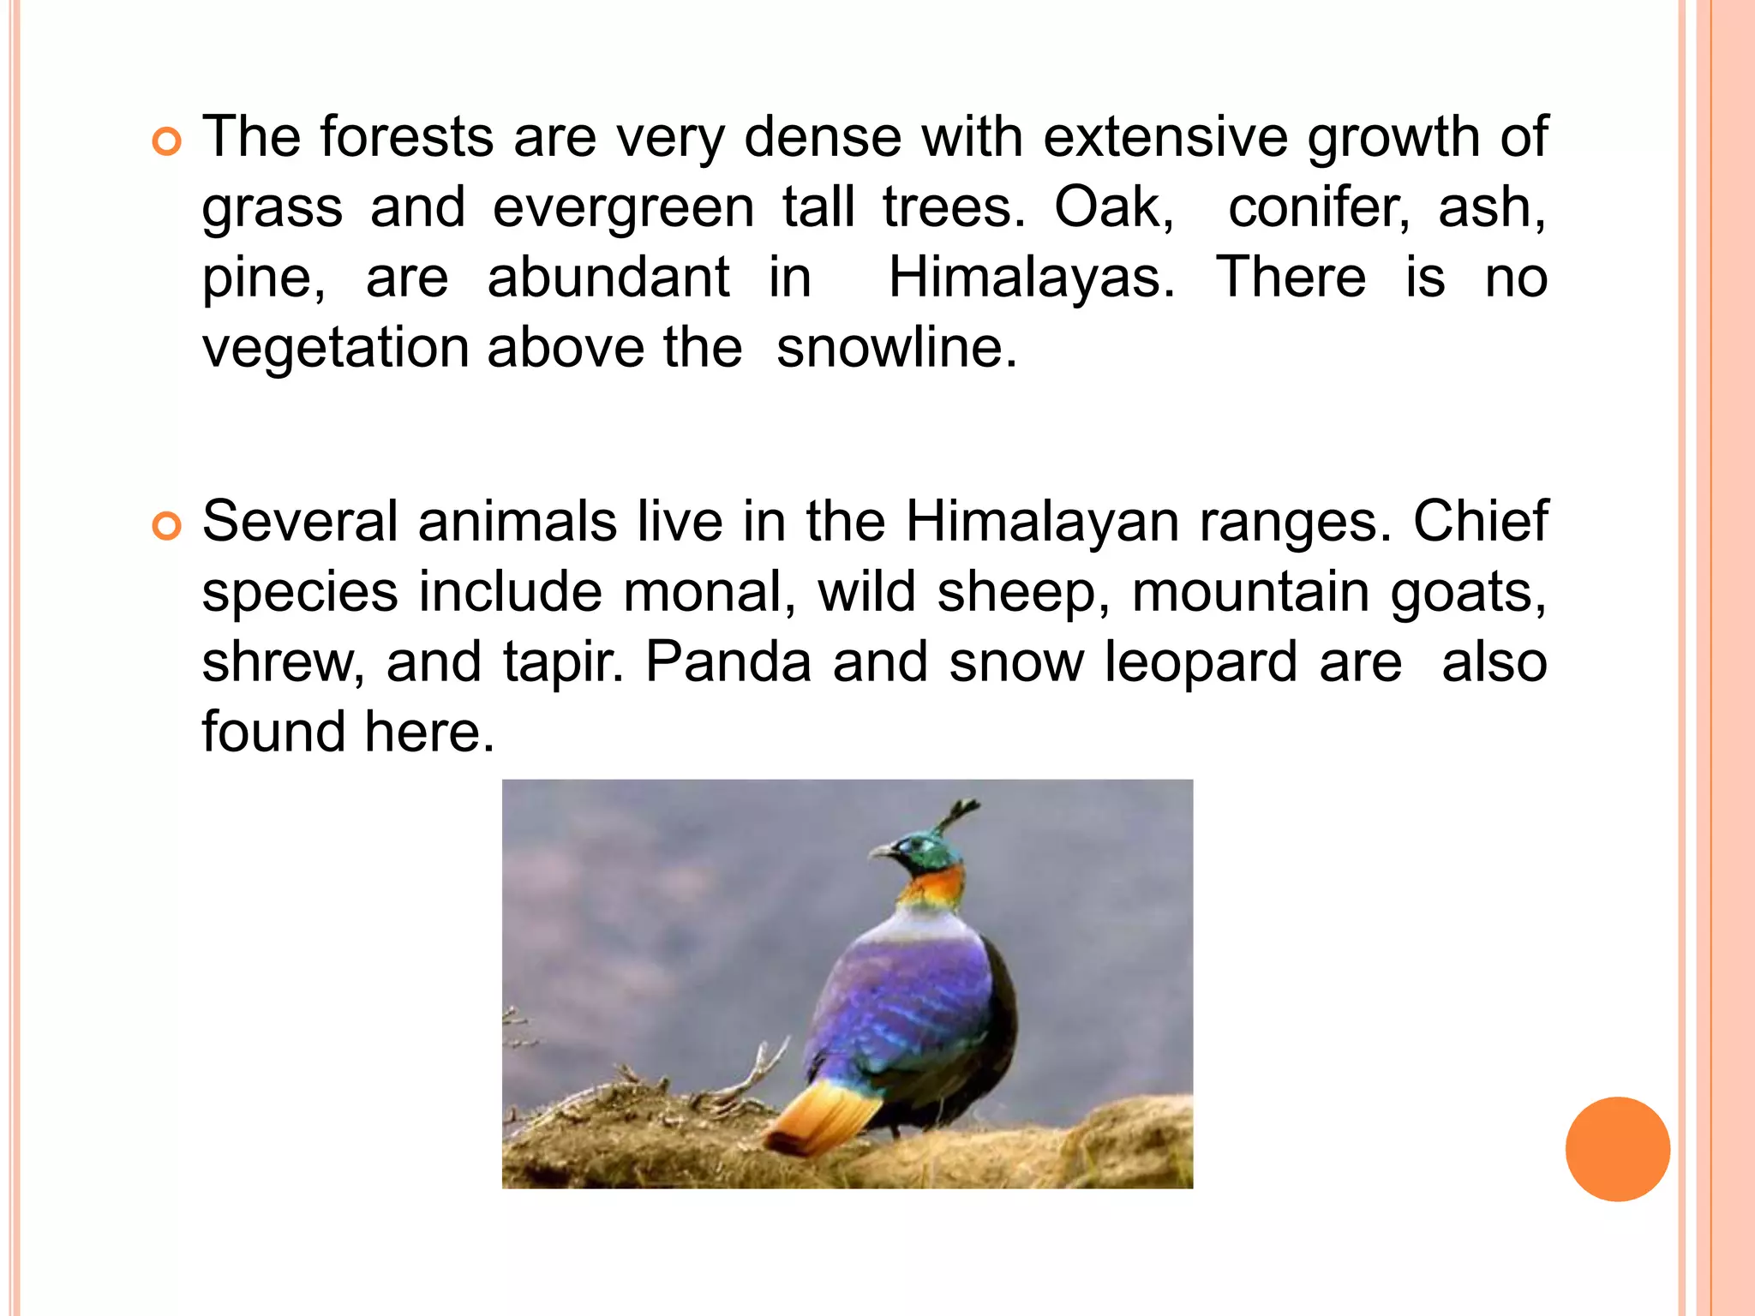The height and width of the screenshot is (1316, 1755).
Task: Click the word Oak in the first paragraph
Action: coord(1112,207)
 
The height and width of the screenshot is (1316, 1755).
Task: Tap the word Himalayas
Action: coord(1032,278)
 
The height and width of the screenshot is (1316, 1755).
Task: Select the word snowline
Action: coord(896,348)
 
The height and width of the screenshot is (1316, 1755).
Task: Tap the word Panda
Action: coord(728,662)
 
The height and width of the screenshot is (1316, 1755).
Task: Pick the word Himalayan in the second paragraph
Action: coord(1042,522)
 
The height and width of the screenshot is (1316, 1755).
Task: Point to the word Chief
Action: coord(1480,520)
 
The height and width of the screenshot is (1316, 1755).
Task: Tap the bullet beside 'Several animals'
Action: coord(166,525)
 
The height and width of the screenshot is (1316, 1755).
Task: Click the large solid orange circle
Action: coord(1617,1149)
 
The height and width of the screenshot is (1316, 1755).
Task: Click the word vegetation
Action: coord(335,350)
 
